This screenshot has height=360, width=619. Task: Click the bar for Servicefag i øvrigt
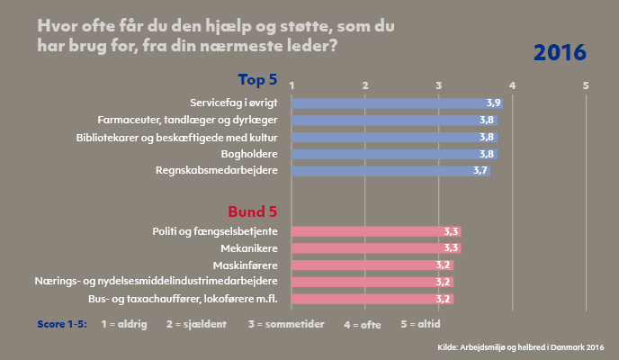point(396,103)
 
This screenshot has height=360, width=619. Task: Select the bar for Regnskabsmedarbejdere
point(390,171)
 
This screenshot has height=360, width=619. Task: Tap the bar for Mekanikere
point(376,248)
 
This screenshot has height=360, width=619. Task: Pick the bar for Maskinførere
point(372,265)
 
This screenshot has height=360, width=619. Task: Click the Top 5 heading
point(257,79)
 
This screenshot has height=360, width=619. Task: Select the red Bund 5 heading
point(252,211)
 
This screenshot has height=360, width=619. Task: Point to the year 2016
point(561,53)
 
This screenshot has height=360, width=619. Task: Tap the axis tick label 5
point(586,85)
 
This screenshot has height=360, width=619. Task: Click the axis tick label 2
point(365,85)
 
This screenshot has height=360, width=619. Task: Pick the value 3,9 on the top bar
point(493,103)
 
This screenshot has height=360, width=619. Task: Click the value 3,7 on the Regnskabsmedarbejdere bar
point(480,171)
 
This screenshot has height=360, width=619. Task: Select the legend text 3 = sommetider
point(285,322)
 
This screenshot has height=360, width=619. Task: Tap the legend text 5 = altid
point(423,322)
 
